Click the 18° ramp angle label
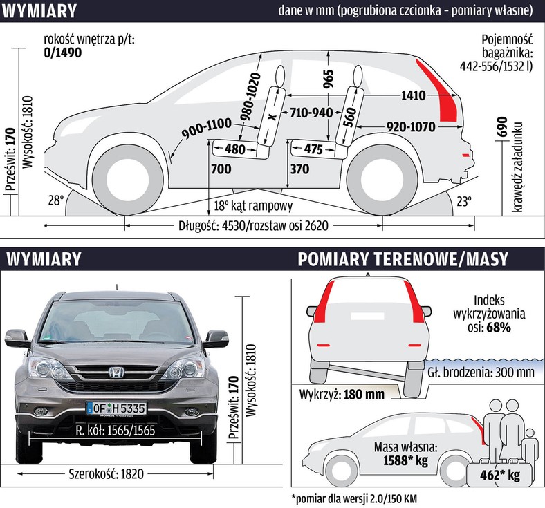[253, 206]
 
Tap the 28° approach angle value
[55, 200]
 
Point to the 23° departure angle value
[463, 201]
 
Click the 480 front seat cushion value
[235, 149]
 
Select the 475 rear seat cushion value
[313, 149]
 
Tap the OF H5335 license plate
[116, 408]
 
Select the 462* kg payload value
[504, 476]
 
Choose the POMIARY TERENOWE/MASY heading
[403, 258]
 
